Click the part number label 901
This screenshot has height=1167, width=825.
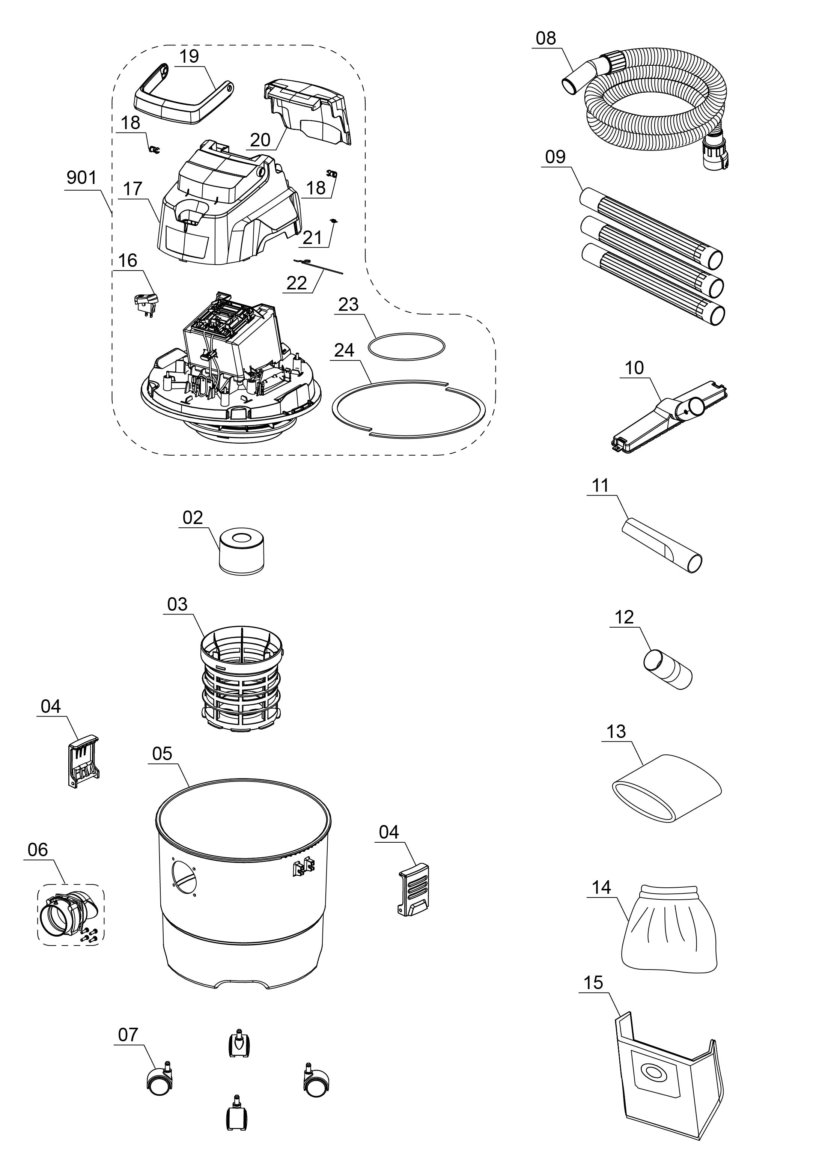pyautogui.click(x=81, y=178)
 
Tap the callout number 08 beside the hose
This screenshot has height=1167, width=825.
pyautogui.click(x=546, y=39)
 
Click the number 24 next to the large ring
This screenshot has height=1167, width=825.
pyautogui.click(x=344, y=350)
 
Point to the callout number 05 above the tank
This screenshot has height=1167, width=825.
pyautogui.click(x=162, y=753)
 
